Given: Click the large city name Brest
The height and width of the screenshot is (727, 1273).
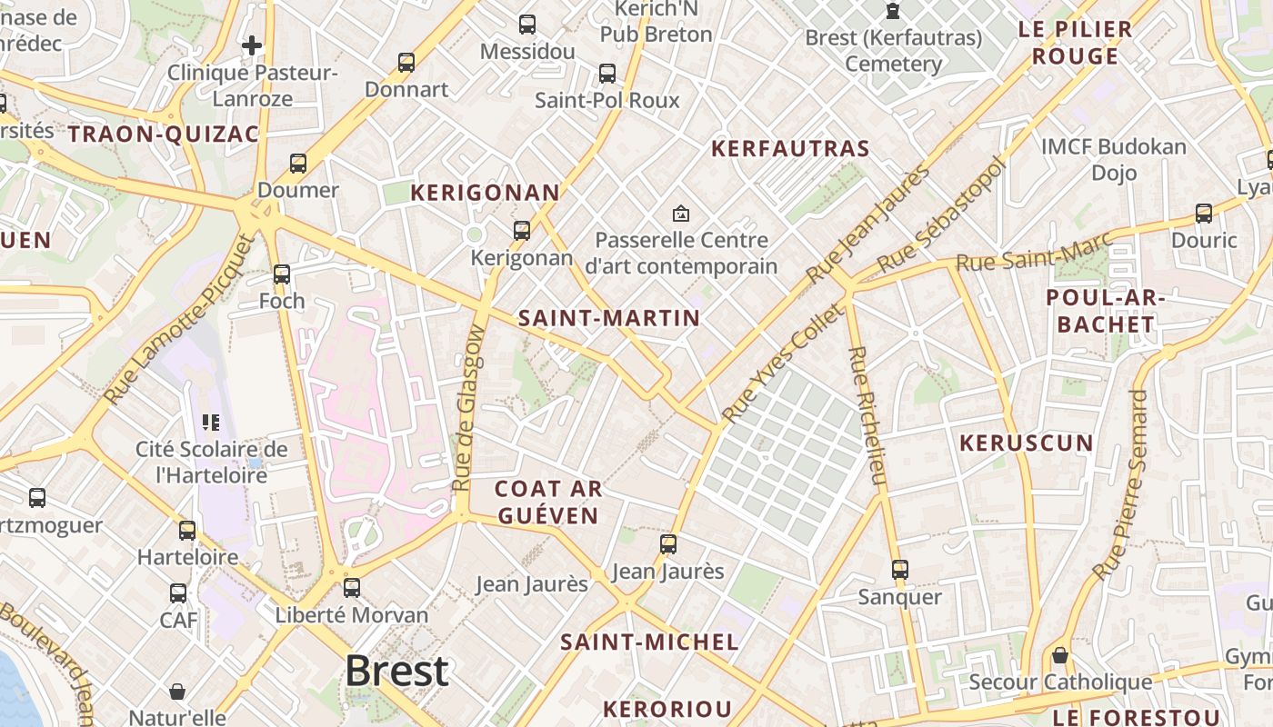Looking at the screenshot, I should [x=396, y=672].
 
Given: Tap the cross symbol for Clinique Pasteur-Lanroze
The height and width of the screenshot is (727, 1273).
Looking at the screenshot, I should [x=252, y=45].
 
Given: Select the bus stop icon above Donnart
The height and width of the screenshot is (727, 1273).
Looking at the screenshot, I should [x=406, y=63].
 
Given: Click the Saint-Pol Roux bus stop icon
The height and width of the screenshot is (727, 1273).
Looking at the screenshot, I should [x=606, y=74].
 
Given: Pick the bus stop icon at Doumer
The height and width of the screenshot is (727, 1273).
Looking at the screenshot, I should [x=298, y=164].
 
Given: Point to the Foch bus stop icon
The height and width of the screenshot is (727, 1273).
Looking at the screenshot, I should [x=282, y=274].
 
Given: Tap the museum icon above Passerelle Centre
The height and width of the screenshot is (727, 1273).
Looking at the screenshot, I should [x=680, y=214].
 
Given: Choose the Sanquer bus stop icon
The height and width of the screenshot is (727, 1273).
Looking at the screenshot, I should [x=899, y=570].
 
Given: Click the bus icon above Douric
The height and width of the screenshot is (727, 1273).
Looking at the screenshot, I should [x=1204, y=214].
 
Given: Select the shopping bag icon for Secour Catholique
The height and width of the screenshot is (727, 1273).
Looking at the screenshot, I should [x=1060, y=655].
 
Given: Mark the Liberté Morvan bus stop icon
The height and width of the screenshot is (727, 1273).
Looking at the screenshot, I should [x=352, y=588].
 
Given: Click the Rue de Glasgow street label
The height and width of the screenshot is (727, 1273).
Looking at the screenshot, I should [x=467, y=421].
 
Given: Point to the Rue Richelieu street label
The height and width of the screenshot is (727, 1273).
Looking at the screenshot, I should [x=867, y=416].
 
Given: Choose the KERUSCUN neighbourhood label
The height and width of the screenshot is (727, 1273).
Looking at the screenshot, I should [x=1027, y=443].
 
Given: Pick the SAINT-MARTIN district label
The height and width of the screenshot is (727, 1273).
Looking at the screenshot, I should [x=609, y=318].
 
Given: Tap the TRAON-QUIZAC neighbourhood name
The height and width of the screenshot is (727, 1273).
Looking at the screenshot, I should [x=164, y=134].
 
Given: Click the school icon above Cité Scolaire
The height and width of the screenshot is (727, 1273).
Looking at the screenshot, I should [x=211, y=422].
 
